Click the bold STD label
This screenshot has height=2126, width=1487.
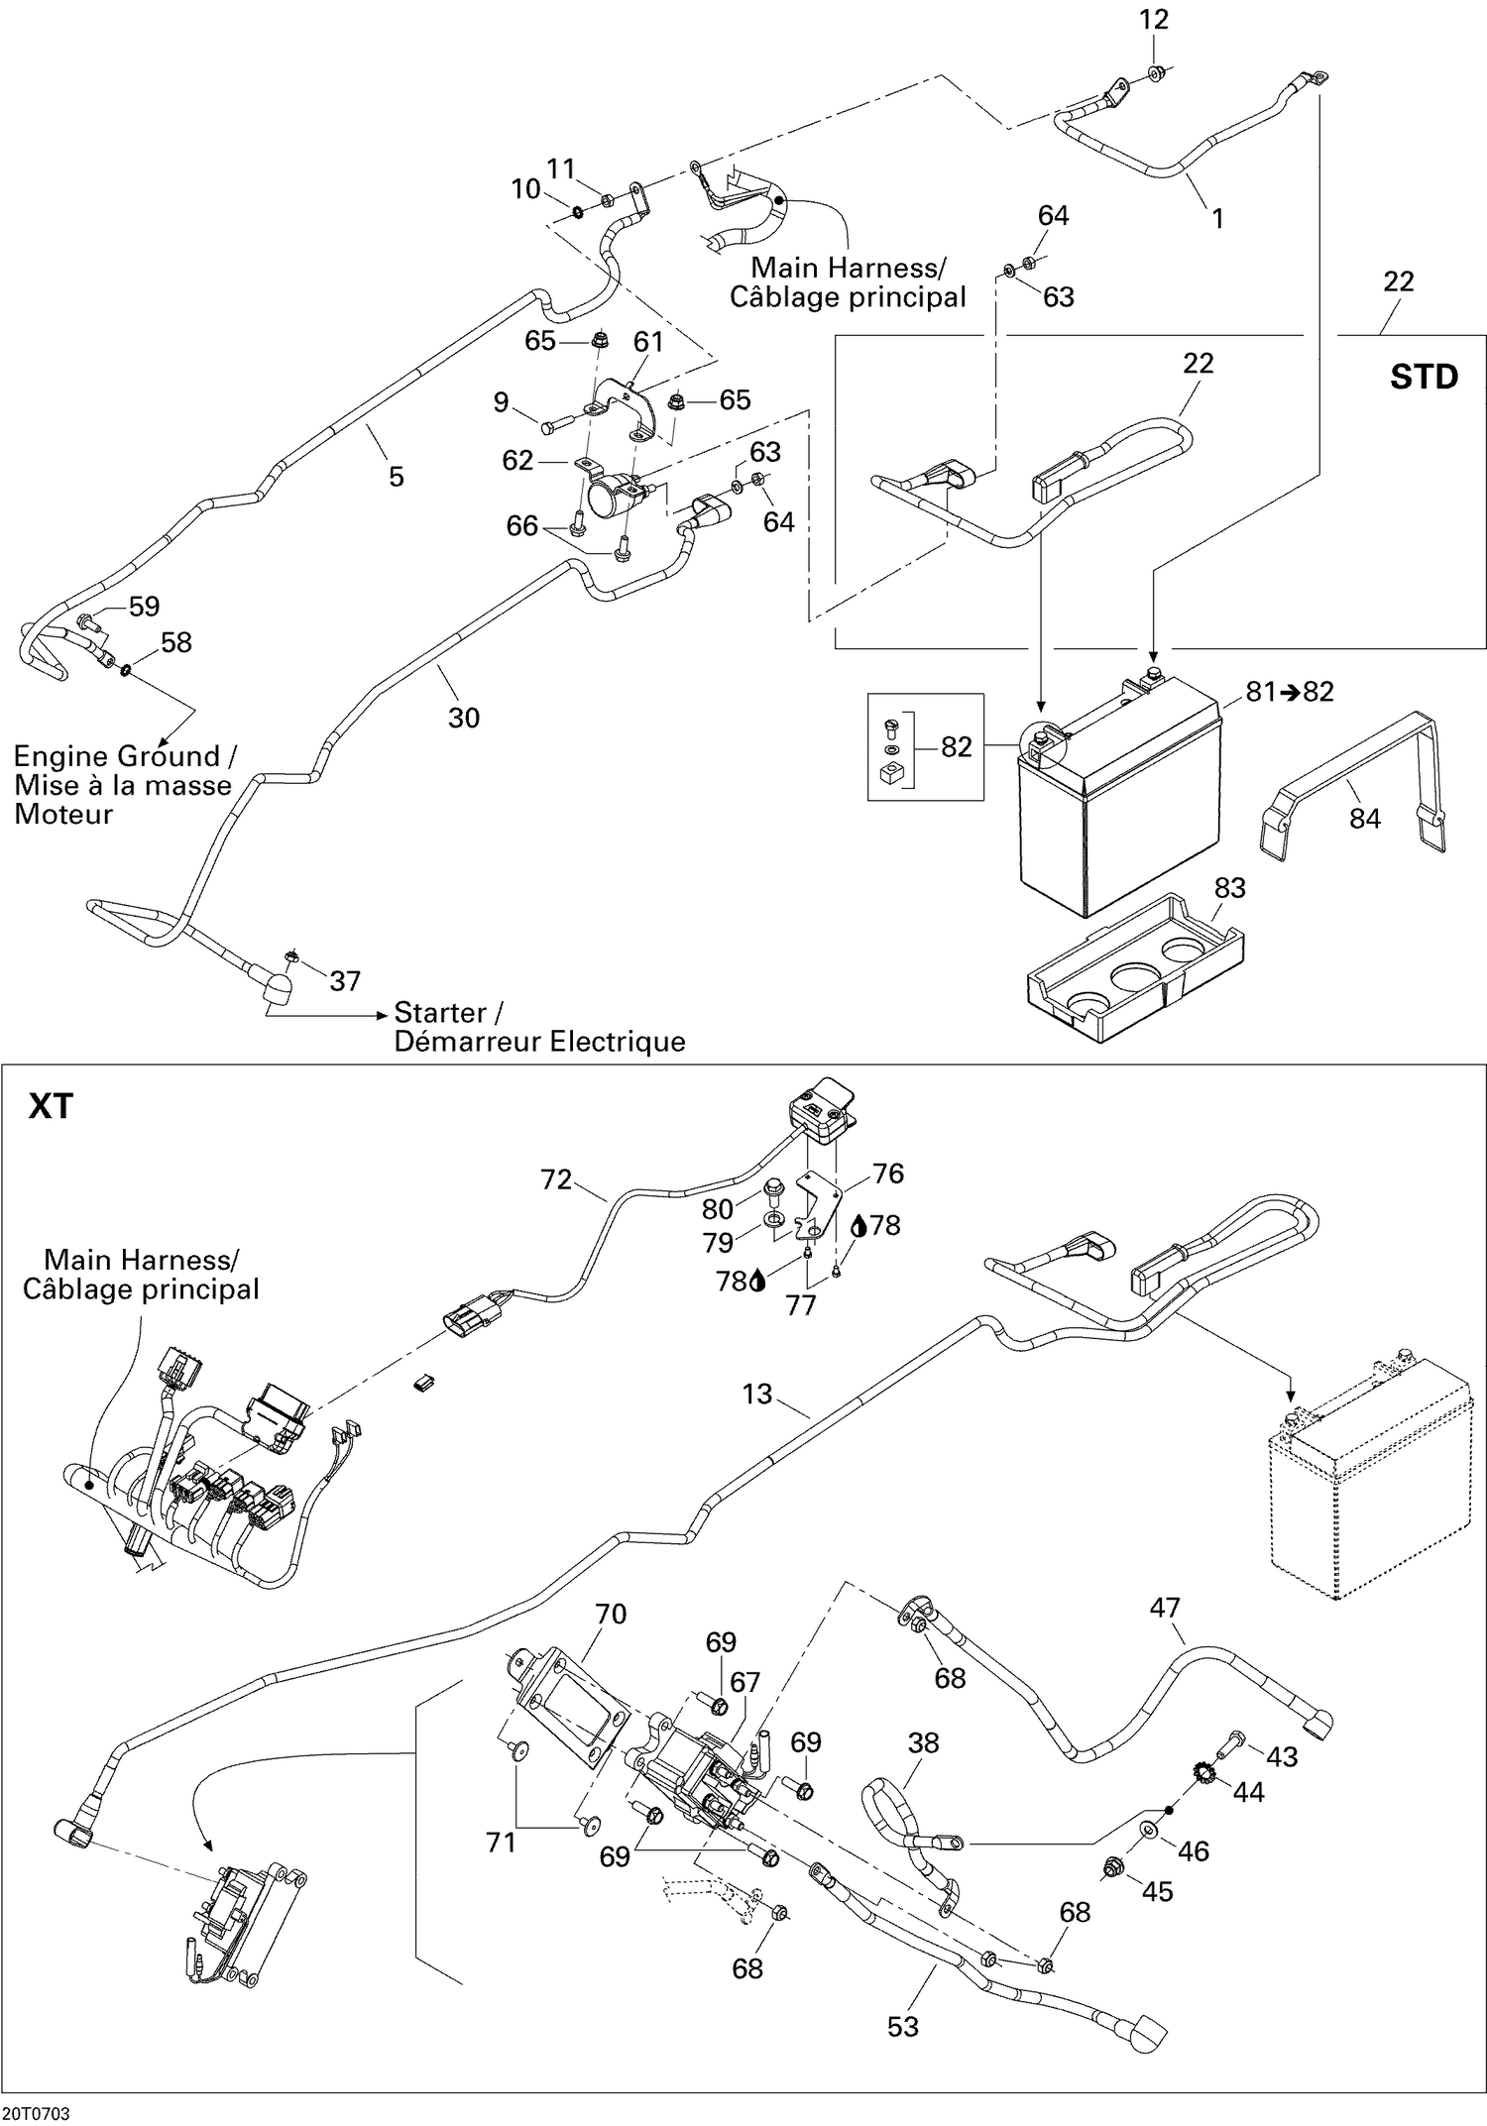tap(1424, 377)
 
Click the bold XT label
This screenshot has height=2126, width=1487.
tap(51, 1105)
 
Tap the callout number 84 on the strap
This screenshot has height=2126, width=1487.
tap(1364, 818)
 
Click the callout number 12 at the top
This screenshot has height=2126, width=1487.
tap(1154, 20)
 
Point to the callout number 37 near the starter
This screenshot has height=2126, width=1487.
tap(345, 981)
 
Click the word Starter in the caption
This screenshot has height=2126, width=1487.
tap(440, 1012)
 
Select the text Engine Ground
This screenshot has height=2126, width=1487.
tap(117, 756)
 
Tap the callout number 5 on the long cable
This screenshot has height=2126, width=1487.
tap(397, 477)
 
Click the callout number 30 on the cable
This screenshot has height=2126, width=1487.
tap(464, 718)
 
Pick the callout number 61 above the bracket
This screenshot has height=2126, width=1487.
tap(648, 342)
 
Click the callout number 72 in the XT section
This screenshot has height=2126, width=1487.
tap(557, 1179)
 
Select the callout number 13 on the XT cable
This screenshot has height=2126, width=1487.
tap(756, 1394)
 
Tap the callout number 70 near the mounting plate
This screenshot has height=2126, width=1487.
tap(611, 1614)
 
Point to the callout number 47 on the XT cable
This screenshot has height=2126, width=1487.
tap(1165, 1607)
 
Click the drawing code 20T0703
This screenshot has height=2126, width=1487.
tap(37, 2113)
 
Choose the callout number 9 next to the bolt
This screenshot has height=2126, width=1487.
tap(502, 401)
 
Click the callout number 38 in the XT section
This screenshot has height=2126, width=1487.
tap(923, 1742)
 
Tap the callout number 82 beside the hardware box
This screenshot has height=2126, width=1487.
tap(956, 746)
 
